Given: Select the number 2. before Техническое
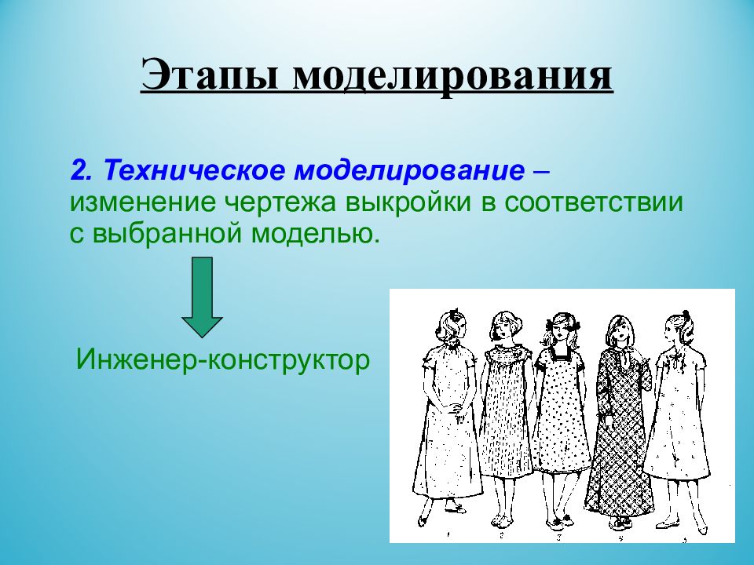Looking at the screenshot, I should pyautogui.click(x=84, y=170).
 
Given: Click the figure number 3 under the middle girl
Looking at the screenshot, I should pyautogui.click(x=558, y=538).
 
